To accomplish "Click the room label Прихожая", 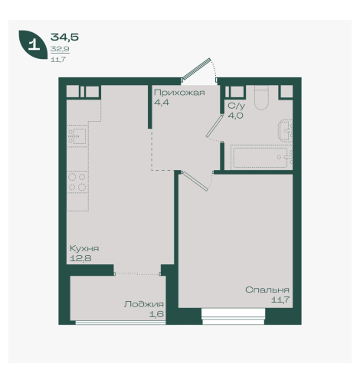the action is click(x=179, y=93).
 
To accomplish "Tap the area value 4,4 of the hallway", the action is click(x=162, y=103).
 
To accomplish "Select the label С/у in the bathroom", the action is click(x=237, y=106).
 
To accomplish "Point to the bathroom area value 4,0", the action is click(x=235, y=116).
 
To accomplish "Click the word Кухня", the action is click(x=84, y=248).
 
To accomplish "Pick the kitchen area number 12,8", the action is click(x=80, y=258).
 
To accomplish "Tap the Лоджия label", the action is click(x=144, y=304).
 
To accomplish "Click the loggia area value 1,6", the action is click(x=156, y=314).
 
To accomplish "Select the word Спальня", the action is click(x=267, y=290).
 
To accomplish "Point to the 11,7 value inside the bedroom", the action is click(x=280, y=300).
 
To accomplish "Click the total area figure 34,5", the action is click(x=64, y=38).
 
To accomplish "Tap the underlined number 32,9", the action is click(x=60, y=49).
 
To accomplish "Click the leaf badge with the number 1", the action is click(x=33, y=44).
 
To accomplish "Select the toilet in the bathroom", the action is click(x=261, y=98).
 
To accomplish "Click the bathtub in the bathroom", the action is click(x=261, y=158).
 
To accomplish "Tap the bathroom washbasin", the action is click(x=286, y=130).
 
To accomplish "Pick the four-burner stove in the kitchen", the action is click(x=77, y=182).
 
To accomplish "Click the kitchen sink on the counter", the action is click(x=77, y=136).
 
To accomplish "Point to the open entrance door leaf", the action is click(x=197, y=68).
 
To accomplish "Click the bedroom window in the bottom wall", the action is click(x=234, y=316).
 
